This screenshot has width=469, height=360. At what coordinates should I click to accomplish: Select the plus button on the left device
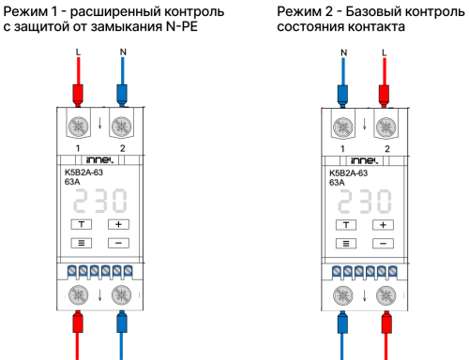pyautogui.click(x=118, y=225)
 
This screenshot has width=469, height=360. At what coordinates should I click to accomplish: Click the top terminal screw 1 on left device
pyautogui.click(x=78, y=126)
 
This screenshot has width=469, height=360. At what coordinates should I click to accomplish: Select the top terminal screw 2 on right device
pyautogui.click(x=384, y=126)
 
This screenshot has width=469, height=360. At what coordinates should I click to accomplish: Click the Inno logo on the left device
pyautogui.click(x=99, y=161)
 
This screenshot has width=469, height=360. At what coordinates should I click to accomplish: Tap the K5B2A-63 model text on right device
pyautogui.click(x=348, y=173)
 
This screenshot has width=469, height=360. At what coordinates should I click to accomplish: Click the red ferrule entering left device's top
pyautogui.click(x=78, y=94)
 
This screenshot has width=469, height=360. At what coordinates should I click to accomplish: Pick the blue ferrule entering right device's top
pyautogui.click(x=343, y=94)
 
